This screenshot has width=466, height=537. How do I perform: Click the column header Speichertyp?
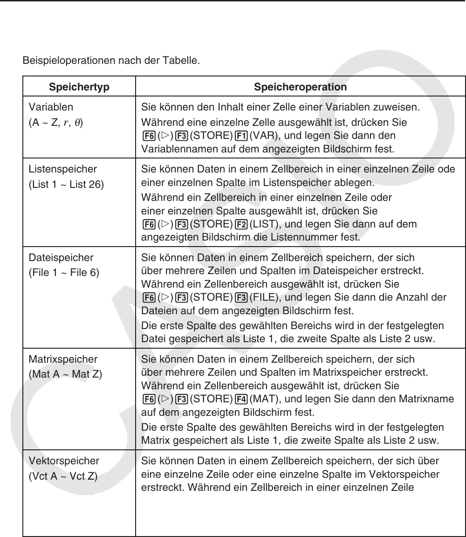[78, 87]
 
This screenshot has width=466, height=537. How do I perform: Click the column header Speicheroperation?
[300, 87]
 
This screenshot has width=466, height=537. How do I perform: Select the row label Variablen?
[51, 107]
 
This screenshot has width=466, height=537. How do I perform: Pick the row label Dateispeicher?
[61, 257]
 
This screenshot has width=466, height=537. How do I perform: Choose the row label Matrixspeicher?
[63, 359]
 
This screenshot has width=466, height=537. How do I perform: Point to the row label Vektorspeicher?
[64, 461]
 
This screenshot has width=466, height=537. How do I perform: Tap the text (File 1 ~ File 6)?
[64, 272]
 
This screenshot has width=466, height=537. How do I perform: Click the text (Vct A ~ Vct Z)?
[63, 476]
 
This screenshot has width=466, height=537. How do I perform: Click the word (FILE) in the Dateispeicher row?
[263, 297]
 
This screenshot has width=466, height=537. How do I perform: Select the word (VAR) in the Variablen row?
[262, 136]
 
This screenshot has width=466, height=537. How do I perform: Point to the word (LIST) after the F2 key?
[263, 225]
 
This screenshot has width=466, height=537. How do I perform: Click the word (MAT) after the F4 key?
[263, 400]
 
